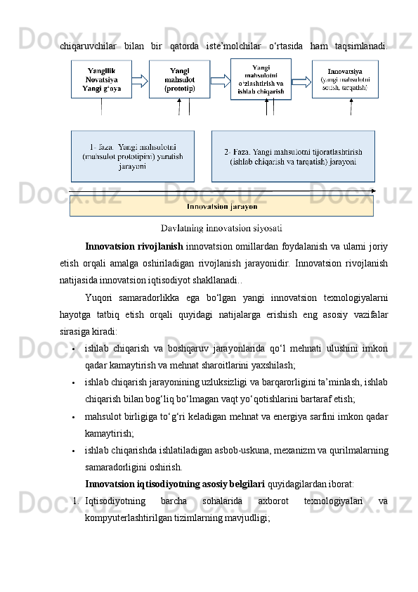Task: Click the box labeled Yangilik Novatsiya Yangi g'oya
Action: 101,79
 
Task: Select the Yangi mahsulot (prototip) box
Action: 179,79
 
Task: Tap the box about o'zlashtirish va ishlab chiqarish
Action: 261,79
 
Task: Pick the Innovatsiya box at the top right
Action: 344,79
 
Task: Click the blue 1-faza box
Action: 133,155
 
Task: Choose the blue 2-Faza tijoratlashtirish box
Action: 292,155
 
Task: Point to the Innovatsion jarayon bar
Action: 221,207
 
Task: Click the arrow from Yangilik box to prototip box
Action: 140,80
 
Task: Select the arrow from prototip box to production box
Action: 220,80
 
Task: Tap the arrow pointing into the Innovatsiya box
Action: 301,80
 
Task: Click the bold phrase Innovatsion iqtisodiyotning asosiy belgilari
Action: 175,484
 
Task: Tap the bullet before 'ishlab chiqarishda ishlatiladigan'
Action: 74,451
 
